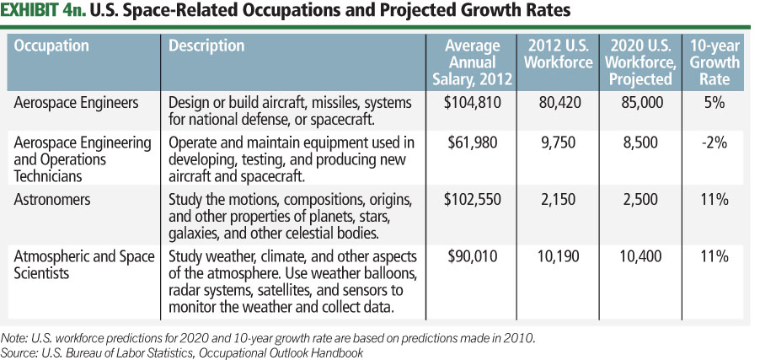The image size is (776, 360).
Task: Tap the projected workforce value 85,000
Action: tap(641, 103)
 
